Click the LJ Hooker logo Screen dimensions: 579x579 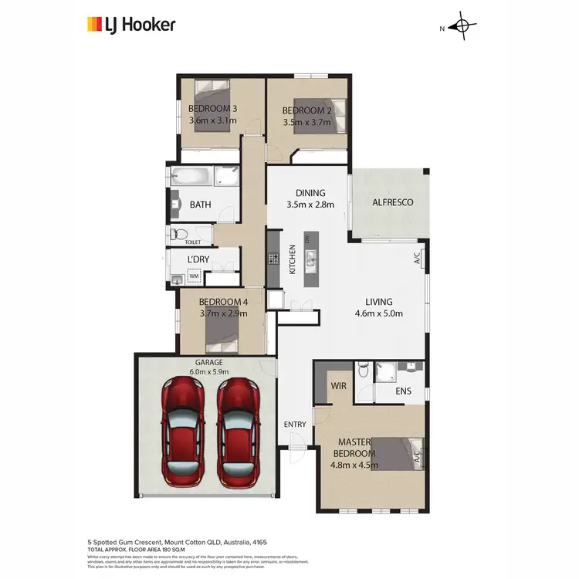coord(130,25)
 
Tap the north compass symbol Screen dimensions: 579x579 coord(463,27)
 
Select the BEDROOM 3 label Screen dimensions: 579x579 coord(212,109)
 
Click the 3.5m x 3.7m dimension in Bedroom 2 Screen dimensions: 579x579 coord(307,122)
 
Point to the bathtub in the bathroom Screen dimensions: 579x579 coord(191,176)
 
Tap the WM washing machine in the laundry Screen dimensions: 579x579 coord(195,275)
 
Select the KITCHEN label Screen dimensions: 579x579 coord(293,259)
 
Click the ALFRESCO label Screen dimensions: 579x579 coord(393,202)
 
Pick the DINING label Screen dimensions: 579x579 coord(311,193)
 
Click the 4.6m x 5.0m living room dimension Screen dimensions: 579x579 coord(379,313)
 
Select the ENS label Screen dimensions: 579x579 coord(403,391)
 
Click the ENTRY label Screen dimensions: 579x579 coord(295,425)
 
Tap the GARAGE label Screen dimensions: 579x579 coord(208,361)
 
